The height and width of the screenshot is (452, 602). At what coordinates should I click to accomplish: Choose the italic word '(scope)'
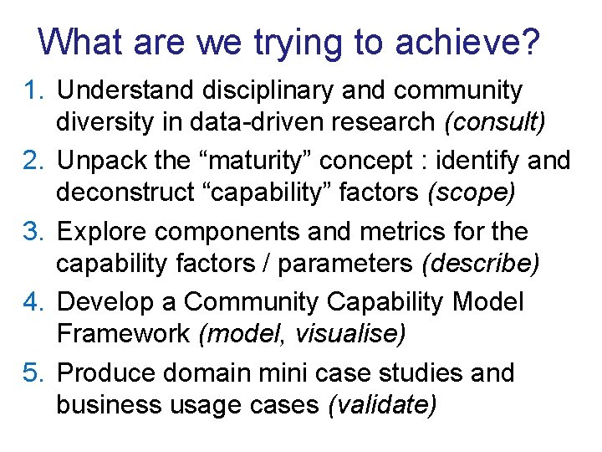(471, 193)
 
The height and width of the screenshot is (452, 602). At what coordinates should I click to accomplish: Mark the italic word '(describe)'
(481, 264)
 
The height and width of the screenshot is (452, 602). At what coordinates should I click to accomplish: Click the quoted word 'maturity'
(288, 160)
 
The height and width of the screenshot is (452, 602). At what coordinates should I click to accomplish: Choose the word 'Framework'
(123, 334)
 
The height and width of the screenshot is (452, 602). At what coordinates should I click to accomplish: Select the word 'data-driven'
(237, 122)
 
